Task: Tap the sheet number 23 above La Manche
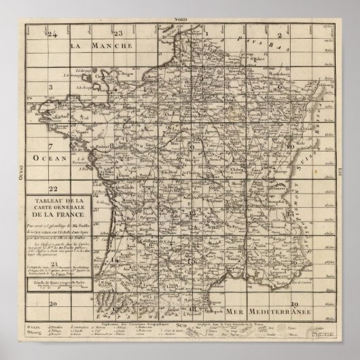(x=118, y=33)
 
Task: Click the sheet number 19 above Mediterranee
(x=294, y=302)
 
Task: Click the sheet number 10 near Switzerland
(x=289, y=147)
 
